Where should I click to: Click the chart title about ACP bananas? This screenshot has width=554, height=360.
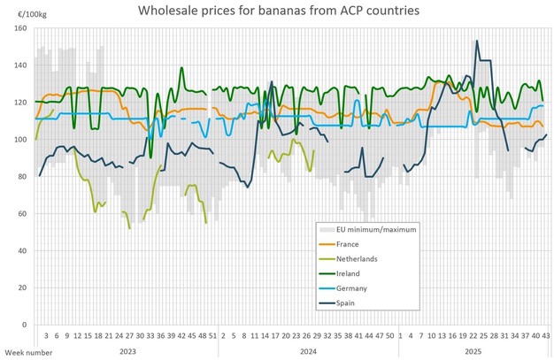pyautogui.click(x=278, y=11)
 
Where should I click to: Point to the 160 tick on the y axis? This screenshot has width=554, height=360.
pyautogui.click(x=20, y=28)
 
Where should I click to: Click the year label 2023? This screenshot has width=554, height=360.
pyautogui.click(x=129, y=351)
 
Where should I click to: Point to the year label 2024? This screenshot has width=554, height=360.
pyautogui.click(x=307, y=351)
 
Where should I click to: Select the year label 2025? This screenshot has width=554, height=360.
pyautogui.click(x=474, y=351)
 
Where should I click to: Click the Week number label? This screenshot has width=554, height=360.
pyautogui.click(x=20, y=350)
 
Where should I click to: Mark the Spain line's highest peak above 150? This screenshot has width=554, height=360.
pyautogui.click(x=477, y=41)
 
